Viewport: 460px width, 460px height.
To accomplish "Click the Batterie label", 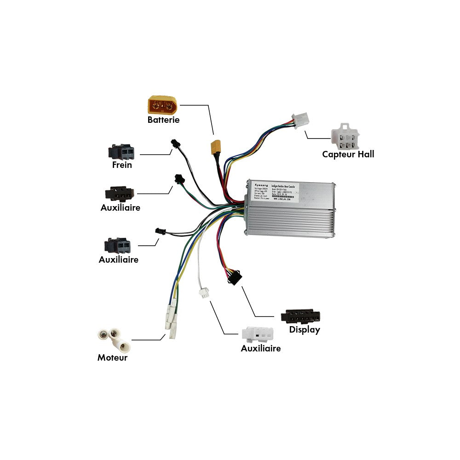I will point(163,120).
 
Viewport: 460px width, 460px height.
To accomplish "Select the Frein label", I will point(122,165).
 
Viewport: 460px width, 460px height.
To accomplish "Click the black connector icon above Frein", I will point(121,152).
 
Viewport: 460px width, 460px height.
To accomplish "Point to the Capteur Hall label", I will point(348,154).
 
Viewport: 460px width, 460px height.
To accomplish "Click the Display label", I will point(304,330).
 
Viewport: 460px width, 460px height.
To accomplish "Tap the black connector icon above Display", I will point(301,316).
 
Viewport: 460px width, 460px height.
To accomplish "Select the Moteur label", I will point(112,357).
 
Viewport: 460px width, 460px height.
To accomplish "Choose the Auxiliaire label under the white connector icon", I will point(260,348).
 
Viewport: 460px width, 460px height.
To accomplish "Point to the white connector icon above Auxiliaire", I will point(258,334).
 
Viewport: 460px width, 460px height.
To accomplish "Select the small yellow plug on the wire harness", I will point(215,147).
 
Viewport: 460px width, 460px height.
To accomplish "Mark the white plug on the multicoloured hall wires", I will point(301,120).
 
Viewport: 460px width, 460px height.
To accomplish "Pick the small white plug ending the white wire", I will point(203,293).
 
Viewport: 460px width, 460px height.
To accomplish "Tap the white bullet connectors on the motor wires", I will point(171,320).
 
